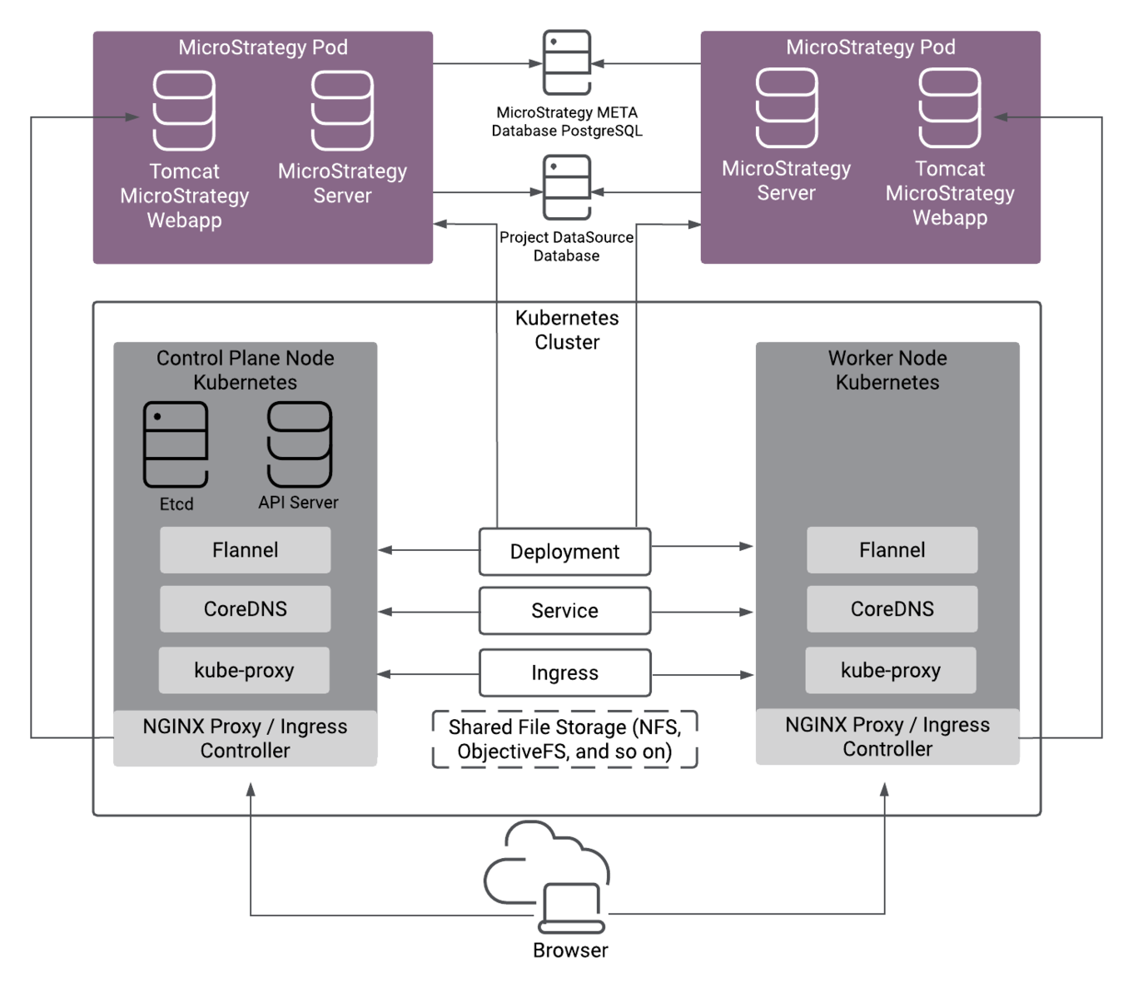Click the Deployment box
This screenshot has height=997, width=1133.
[x=564, y=552]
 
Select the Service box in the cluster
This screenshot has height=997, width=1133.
[x=564, y=611]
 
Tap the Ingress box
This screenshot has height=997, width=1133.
[x=564, y=672]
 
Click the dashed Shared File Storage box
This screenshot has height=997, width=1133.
[x=564, y=739]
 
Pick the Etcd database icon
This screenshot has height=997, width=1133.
[x=176, y=444]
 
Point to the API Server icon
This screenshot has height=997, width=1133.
[x=299, y=444]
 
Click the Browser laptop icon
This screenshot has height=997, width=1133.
[x=571, y=908]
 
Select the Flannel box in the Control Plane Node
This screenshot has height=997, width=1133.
[x=245, y=550]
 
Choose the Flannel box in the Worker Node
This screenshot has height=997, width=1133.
[x=892, y=550]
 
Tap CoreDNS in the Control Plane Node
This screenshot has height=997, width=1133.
[x=245, y=609]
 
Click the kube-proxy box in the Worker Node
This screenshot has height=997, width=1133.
[x=891, y=671]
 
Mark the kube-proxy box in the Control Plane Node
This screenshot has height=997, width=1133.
[x=244, y=671]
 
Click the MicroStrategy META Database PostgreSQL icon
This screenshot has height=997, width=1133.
[x=567, y=62]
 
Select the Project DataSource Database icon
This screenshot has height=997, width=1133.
[x=567, y=187]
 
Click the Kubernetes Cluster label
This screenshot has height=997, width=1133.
[x=567, y=330]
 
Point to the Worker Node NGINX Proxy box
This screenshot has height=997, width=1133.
[x=887, y=737]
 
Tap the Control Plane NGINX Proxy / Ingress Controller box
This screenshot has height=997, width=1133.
[x=245, y=738]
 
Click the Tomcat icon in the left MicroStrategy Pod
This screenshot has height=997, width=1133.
[x=184, y=111]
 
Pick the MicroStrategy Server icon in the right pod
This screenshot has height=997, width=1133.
[x=787, y=108]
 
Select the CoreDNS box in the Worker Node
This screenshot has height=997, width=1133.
[x=892, y=609]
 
